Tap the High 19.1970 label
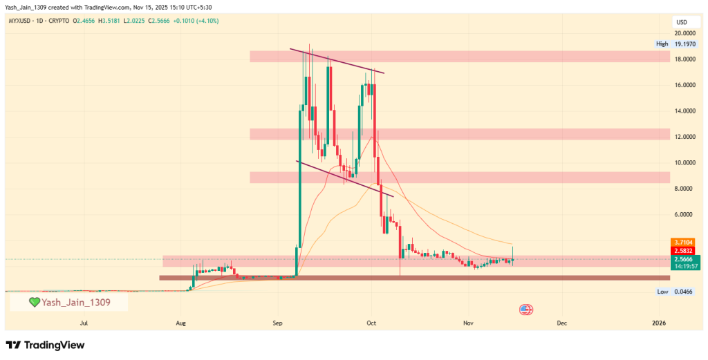(676, 44)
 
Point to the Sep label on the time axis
(277, 323)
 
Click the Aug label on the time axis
(181, 323)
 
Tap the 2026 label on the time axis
(659, 323)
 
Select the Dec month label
(561, 323)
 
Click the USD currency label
(681, 22)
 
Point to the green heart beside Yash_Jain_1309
(33, 303)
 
